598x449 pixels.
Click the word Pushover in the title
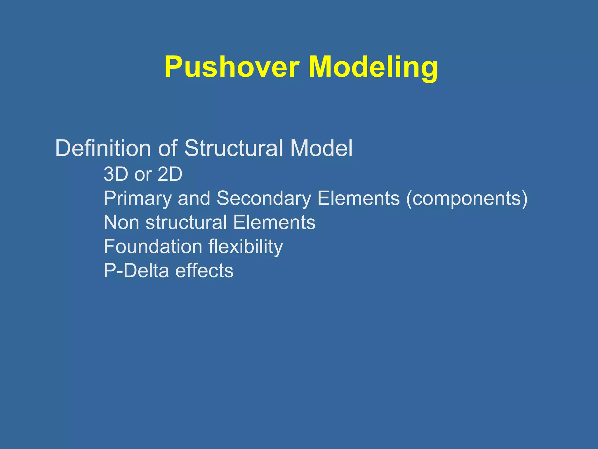pyautogui.click(x=232, y=67)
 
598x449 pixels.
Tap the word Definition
pyautogui.click(x=103, y=148)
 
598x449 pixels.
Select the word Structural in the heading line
pyautogui.click(x=234, y=148)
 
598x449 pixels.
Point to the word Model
pyautogui.click(x=321, y=148)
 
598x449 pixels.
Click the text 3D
pyautogui.click(x=116, y=174)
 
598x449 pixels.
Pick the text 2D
pyautogui.click(x=170, y=174)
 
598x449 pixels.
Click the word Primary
pyautogui.click(x=138, y=199)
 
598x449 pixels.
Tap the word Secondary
pyautogui.click(x=264, y=199)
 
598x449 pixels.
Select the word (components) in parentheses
pyautogui.click(x=467, y=199)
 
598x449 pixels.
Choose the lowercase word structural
pyautogui.click(x=186, y=222)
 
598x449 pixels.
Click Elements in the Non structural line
pyautogui.click(x=274, y=222)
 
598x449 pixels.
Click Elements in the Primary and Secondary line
pyautogui.click(x=358, y=199)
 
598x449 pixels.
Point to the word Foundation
pyautogui.click(x=153, y=247)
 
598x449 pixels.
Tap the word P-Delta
pyautogui.click(x=136, y=271)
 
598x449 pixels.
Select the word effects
pyautogui.click(x=204, y=271)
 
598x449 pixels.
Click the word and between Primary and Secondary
pyautogui.click(x=194, y=199)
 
